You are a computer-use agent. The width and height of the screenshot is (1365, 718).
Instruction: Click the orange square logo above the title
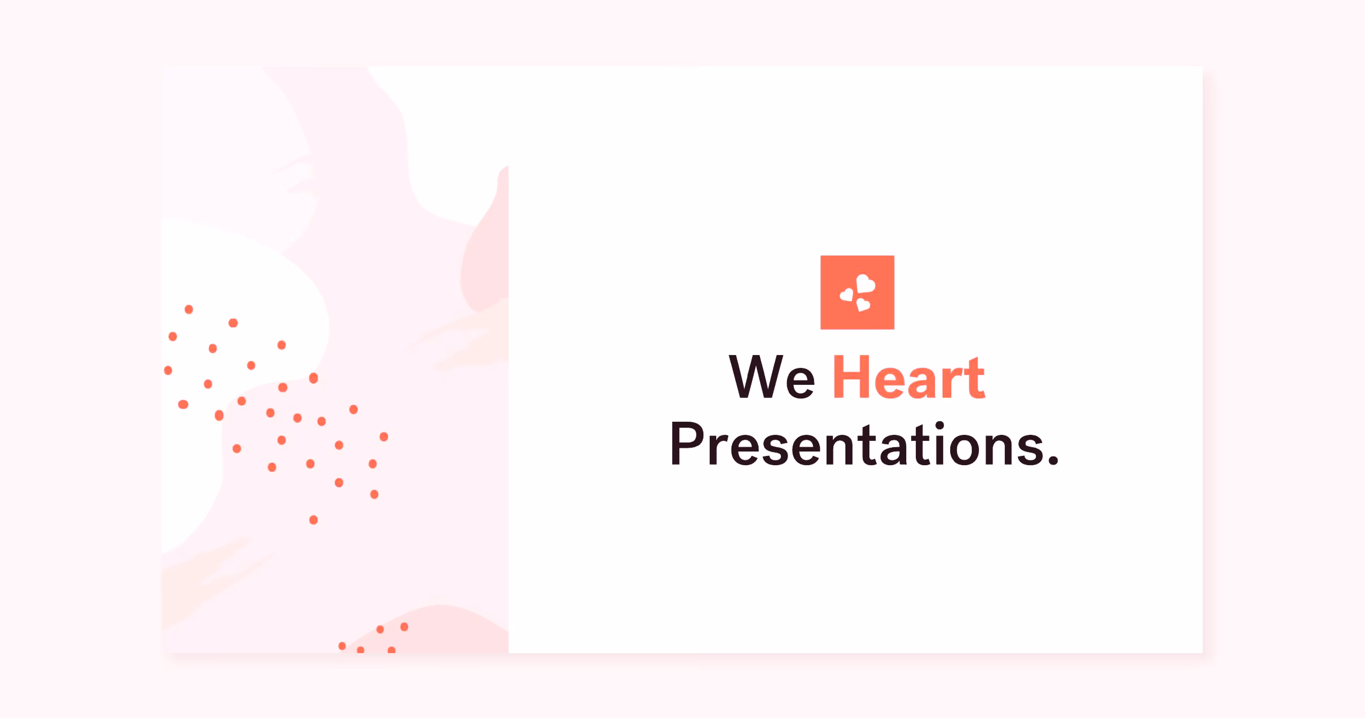[857, 292]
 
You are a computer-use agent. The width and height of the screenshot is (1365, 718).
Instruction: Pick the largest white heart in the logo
[866, 284]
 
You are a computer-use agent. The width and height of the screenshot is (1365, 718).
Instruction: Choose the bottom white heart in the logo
[863, 304]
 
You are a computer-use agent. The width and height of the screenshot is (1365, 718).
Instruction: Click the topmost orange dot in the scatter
[189, 309]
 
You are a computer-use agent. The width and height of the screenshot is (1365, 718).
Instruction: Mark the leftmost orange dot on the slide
[168, 370]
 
